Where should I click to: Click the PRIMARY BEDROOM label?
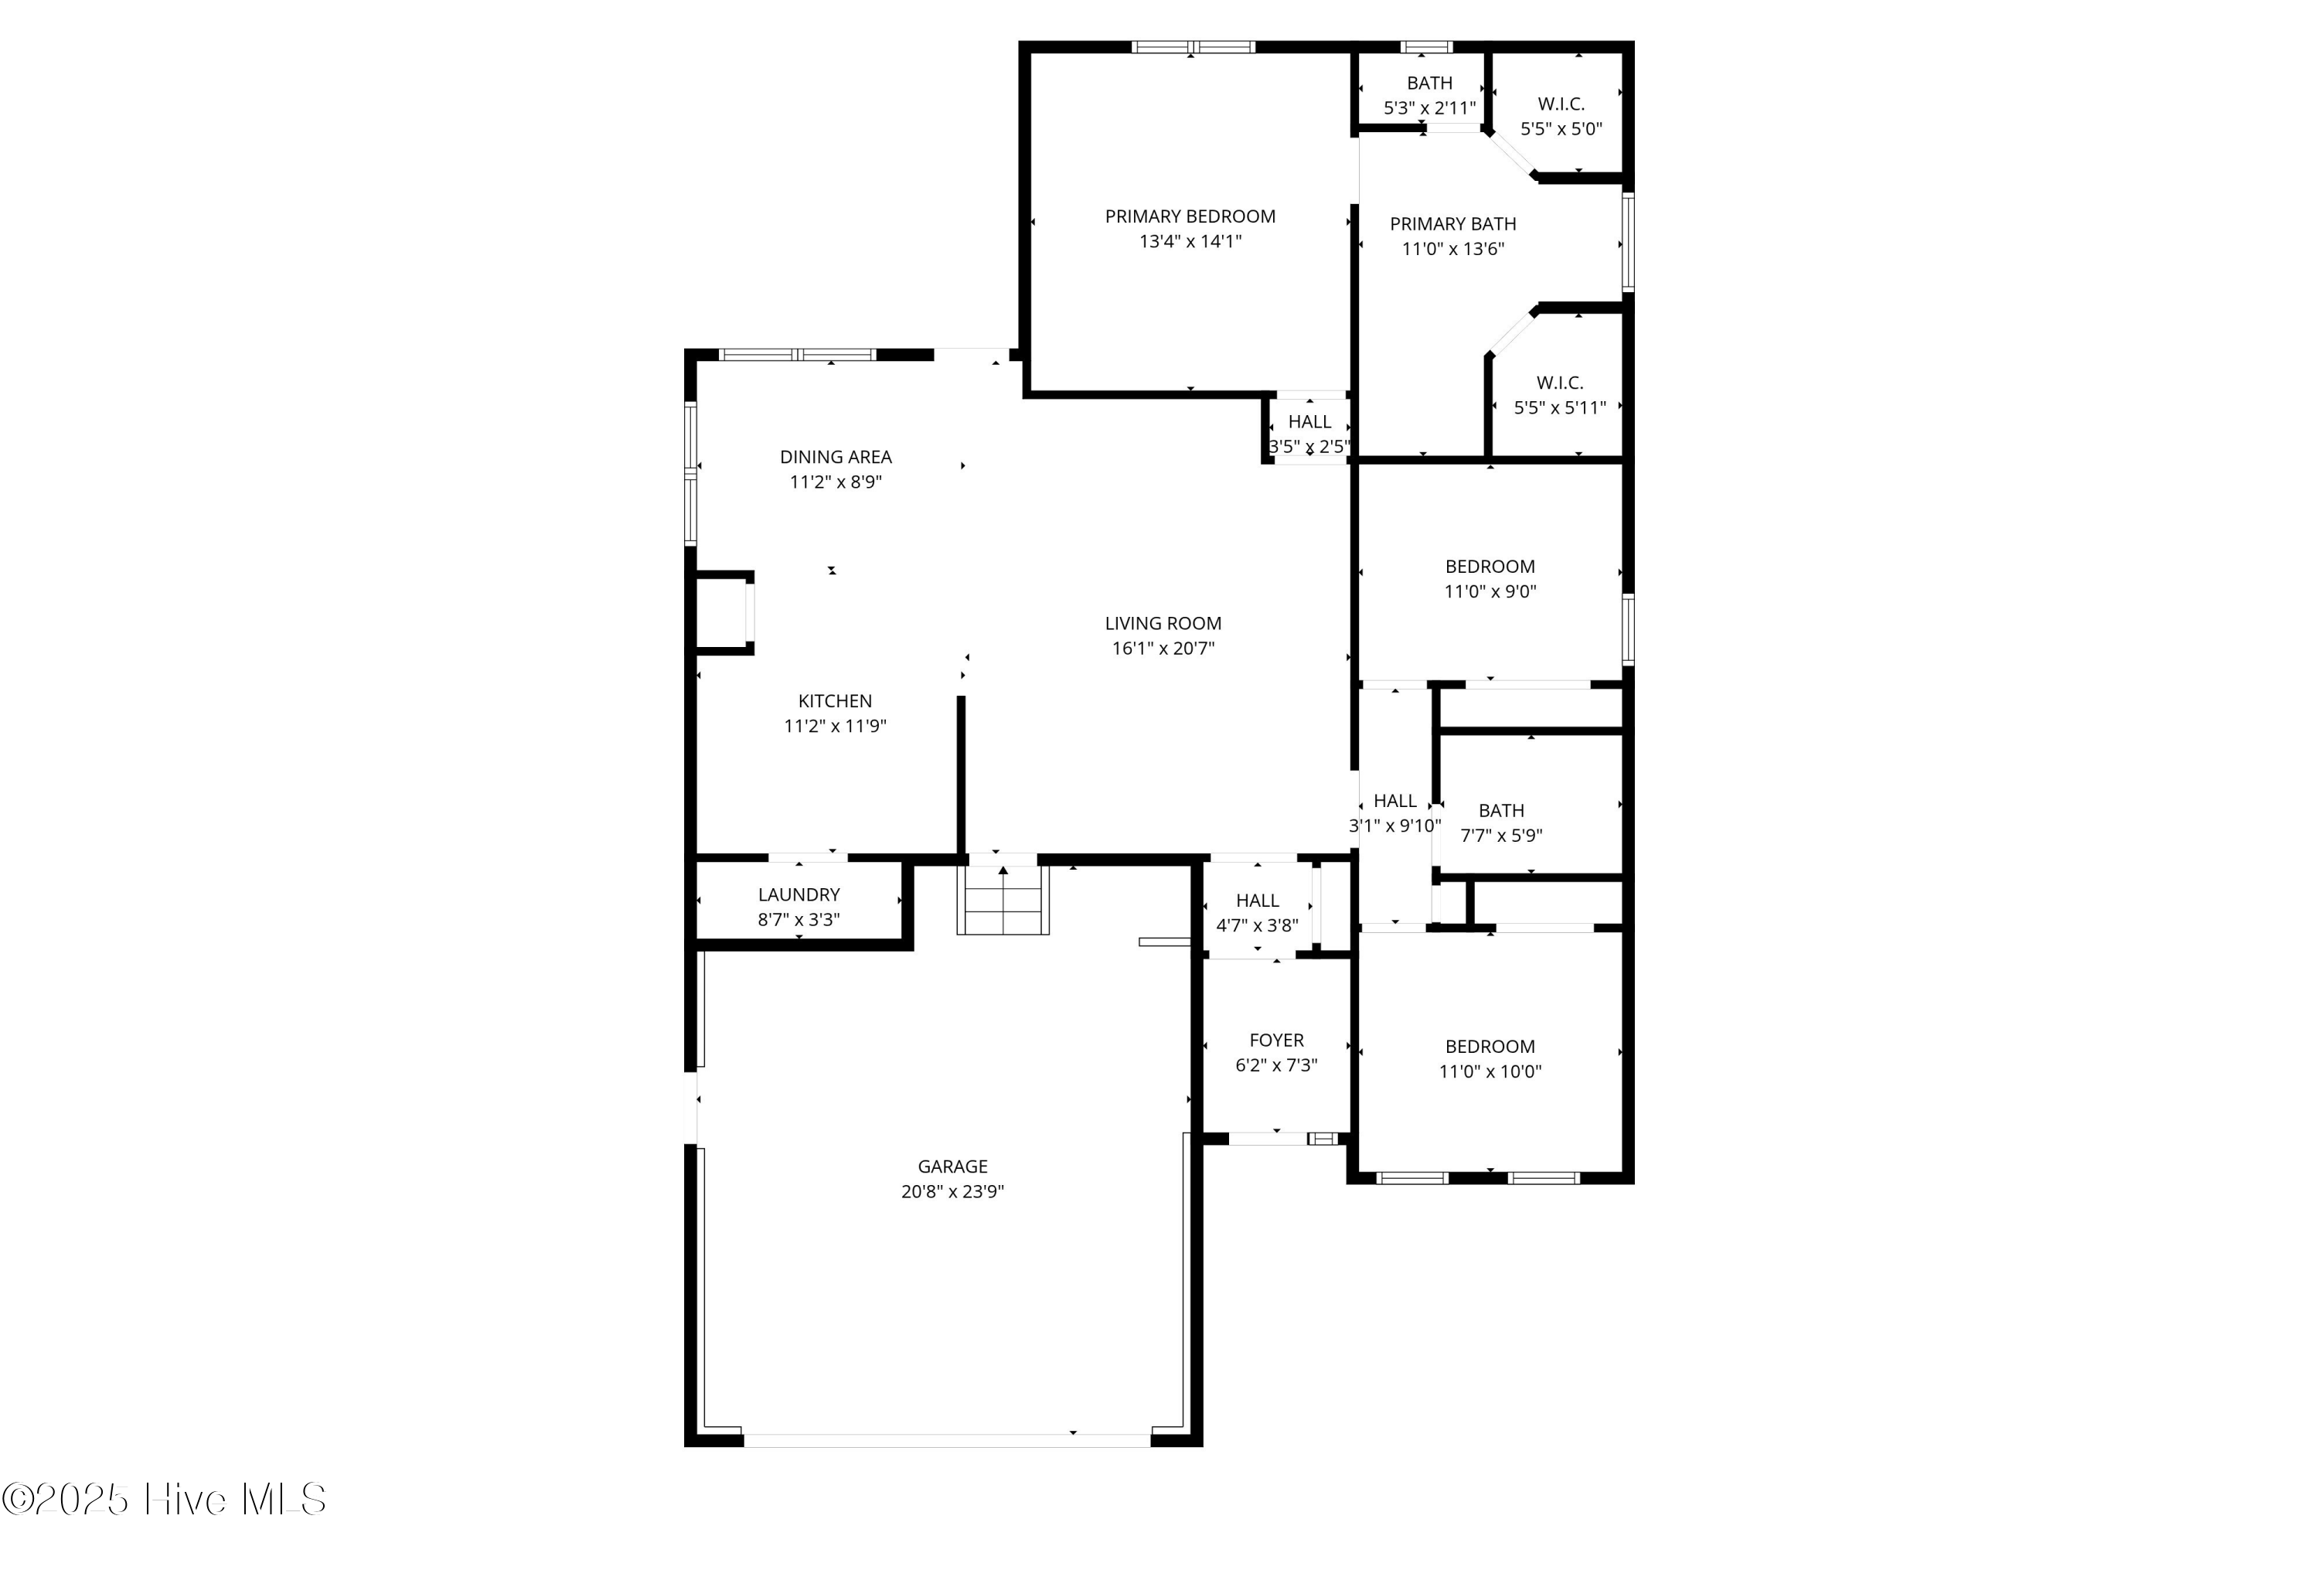pyautogui.click(x=1190, y=216)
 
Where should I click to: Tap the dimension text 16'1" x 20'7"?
pyautogui.click(x=1163, y=649)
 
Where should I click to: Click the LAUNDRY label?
pyautogui.click(x=799, y=895)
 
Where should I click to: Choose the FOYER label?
pyautogui.click(x=1276, y=1041)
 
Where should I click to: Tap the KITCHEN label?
pyautogui.click(x=834, y=702)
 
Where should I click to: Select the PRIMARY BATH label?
pyautogui.click(x=1453, y=225)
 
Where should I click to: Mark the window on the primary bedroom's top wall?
pyautogui.click(x=1193, y=47)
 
